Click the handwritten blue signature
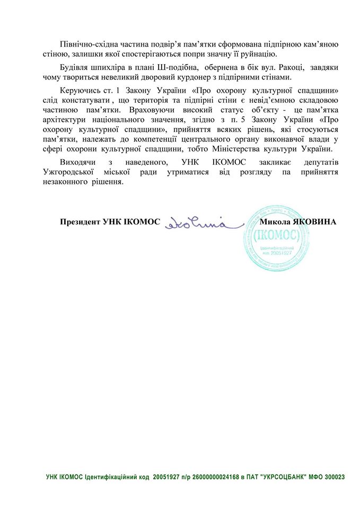coord(196,223)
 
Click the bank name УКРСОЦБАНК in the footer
coord(284,477)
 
